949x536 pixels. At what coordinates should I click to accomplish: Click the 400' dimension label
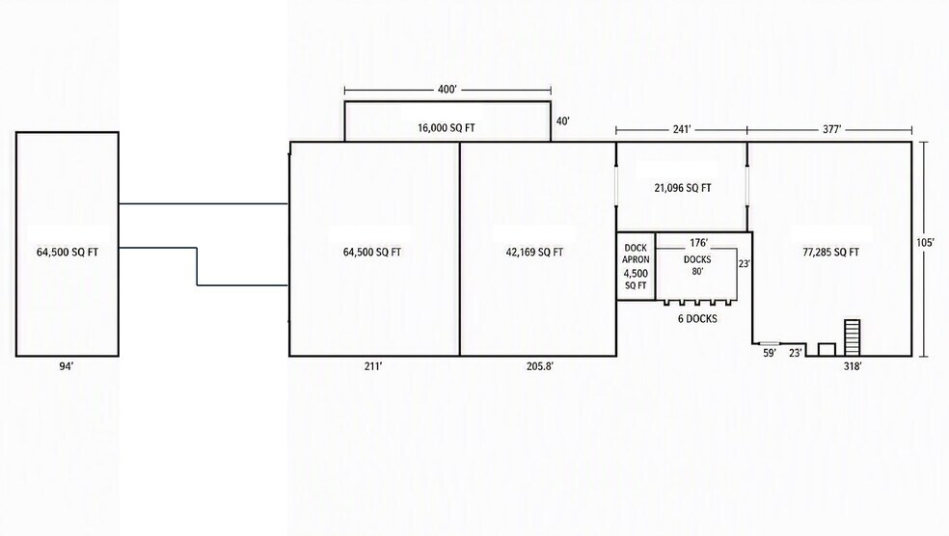tap(447, 90)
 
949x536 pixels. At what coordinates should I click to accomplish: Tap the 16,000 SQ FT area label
tap(447, 128)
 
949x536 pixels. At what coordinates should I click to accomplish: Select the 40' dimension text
tap(563, 121)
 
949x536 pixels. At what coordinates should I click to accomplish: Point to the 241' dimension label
tap(682, 129)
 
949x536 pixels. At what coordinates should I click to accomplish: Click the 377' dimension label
tap(831, 129)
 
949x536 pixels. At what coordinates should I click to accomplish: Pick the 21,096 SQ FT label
tap(683, 188)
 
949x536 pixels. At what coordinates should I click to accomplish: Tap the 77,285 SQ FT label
tap(831, 253)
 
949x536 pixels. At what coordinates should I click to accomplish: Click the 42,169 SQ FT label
tap(534, 253)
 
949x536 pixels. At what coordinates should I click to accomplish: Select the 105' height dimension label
tap(925, 243)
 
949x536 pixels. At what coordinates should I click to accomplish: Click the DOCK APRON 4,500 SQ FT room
tap(636, 266)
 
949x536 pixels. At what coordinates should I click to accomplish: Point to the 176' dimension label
tap(698, 243)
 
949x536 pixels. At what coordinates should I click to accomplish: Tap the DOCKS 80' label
tap(697, 265)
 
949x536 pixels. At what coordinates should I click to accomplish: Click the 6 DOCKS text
tap(697, 319)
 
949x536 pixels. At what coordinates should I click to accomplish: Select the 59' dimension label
tap(770, 353)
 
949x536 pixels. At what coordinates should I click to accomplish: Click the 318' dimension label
tap(853, 366)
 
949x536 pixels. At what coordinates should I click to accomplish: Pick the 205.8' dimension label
tap(540, 366)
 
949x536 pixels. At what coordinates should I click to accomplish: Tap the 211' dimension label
tap(373, 366)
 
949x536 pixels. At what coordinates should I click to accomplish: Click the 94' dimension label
tap(66, 366)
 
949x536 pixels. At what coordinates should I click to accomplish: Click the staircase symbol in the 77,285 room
tap(853, 337)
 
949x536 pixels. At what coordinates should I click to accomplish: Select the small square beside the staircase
tap(827, 350)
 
